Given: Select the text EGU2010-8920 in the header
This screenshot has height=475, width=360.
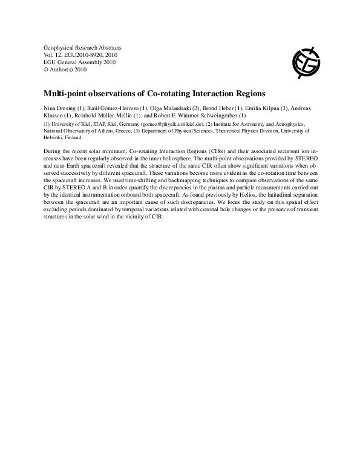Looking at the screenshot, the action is [86, 54].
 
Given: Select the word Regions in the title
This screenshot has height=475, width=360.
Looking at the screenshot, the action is [248, 94].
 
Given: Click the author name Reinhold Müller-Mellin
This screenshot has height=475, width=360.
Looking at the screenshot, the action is [102, 115].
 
